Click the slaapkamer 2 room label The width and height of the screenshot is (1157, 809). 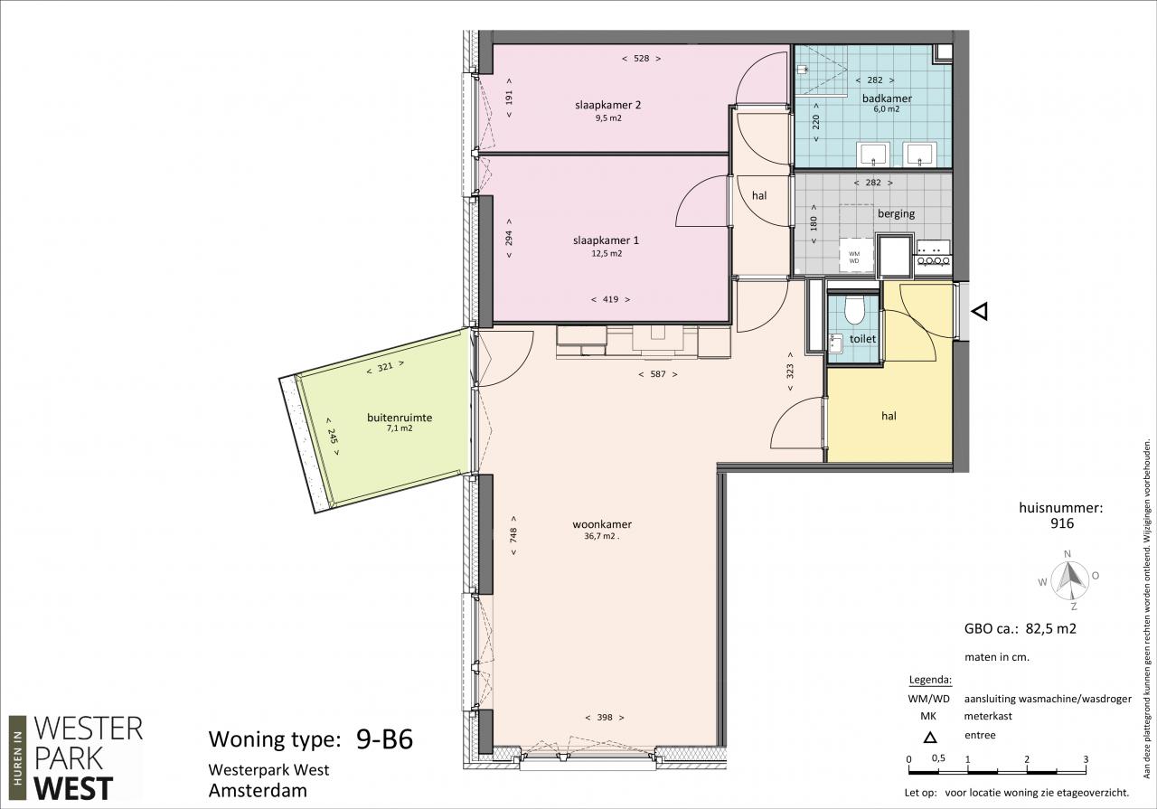click(x=608, y=105)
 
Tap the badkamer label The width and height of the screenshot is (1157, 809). click(x=887, y=99)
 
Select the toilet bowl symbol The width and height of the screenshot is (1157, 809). click(x=854, y=309)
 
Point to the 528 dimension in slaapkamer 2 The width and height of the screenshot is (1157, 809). click(x=641, y=59)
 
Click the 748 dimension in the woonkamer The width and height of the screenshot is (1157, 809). click(x=513, y=535)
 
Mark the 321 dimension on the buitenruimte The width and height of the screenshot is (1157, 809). click(x=385, y=367)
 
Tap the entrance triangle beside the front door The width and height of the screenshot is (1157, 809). click(x=980, y=312)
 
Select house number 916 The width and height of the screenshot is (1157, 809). click(x=1062, y=523)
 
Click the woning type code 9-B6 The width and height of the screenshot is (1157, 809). click(x=384, y=739)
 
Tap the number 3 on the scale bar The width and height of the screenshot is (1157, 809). click(x=1086, y=759)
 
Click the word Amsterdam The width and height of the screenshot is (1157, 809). click(x=258, y=791)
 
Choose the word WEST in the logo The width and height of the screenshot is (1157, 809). click(x=73, y=789)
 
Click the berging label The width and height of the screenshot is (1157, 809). click(x=896, y=213)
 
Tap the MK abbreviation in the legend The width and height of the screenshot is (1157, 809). click(x=928, y=717)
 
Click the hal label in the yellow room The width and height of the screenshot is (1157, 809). click(x=889, y=416)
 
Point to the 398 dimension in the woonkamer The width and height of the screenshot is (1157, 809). click(x=605, y=717)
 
